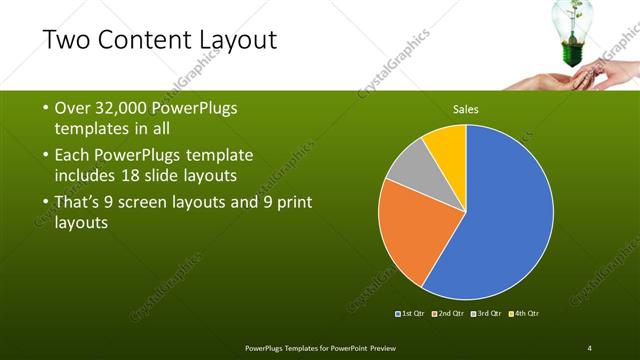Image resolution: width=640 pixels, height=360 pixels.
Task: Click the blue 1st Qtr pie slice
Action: click(500, 220)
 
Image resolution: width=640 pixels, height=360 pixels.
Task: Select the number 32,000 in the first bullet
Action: click(129, 109)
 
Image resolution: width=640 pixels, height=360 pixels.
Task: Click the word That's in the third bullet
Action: click(83, 202)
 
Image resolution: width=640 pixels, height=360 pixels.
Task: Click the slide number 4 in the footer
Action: click(590, 347)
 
